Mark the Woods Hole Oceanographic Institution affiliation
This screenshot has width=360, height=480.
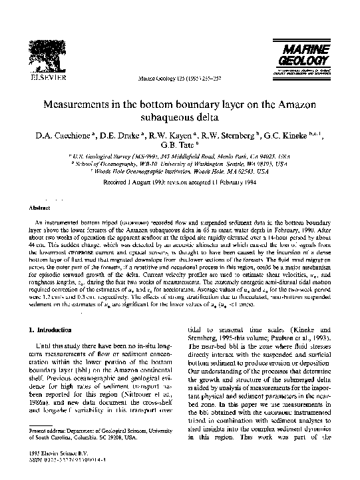point(180,170)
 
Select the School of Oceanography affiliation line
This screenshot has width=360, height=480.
point(180,163)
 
